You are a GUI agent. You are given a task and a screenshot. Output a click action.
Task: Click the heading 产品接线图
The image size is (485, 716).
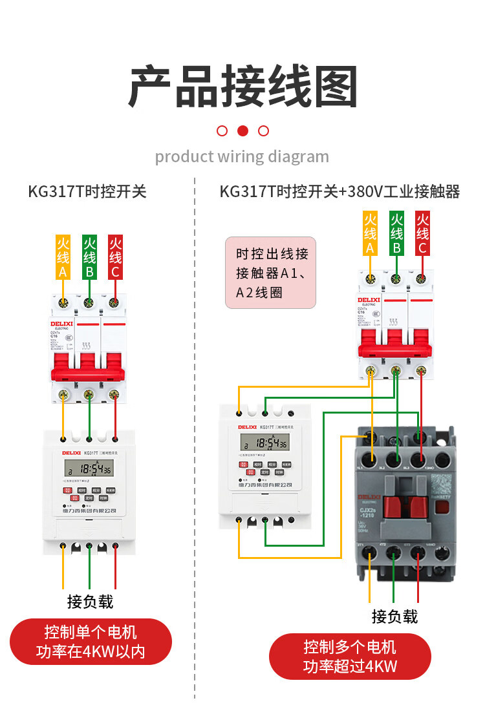coord(242,85)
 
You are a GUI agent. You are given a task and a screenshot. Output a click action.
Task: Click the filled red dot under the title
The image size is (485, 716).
coord(242,131)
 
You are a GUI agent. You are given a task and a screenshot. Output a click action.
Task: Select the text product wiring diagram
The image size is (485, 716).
coord(242,156)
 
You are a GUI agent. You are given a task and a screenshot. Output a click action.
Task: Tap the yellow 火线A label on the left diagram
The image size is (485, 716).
coord(63,257)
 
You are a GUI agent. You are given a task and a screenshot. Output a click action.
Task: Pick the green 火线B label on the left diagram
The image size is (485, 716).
coord(89,257)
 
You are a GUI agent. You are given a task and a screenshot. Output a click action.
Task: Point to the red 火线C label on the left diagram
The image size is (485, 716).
coord(115,257)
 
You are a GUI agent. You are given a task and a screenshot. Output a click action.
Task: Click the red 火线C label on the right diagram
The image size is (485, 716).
coord(422,233)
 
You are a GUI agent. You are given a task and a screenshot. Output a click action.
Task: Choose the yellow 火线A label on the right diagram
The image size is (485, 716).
coord(370,233)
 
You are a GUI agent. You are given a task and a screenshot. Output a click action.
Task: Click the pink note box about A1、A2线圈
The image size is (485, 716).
coord(270,273)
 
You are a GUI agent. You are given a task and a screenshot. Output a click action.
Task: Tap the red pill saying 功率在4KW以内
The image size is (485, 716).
coord(91,641)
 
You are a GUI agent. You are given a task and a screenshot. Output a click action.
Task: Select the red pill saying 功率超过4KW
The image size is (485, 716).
coord(350,656)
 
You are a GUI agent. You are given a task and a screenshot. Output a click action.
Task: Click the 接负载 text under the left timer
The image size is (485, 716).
coord(90,602)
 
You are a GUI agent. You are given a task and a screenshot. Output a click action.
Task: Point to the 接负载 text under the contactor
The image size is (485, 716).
coord(394,616)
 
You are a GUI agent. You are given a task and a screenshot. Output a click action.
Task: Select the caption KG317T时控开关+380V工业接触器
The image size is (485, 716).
coord(339,191)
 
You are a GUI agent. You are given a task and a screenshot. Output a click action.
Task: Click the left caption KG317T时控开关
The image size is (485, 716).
coord(87,191)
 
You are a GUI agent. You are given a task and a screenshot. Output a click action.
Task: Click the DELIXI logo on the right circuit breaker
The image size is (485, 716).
coord(369,300)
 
